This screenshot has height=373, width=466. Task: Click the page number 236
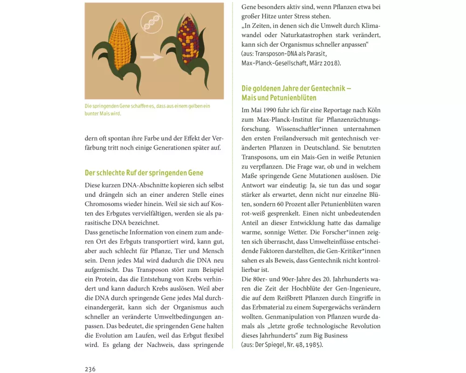90,369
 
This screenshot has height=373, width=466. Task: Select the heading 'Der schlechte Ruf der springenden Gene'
144,173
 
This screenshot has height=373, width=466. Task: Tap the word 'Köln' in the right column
373,111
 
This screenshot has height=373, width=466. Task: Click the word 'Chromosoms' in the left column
105,204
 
